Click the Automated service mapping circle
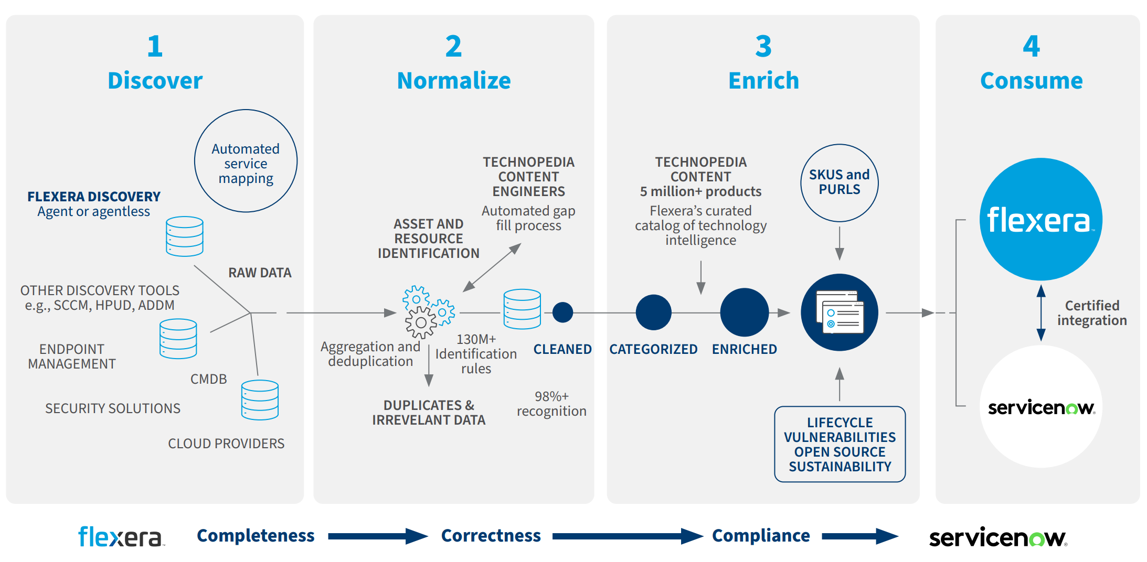pos(246,161)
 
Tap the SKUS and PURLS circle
pos(839,183)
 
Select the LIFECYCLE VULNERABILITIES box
pos(840,444)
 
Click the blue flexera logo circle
pos(1040,219)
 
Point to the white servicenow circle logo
pos(1040,406)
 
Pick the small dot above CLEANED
pos(562,312)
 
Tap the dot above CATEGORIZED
pos(653,312)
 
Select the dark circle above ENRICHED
pos(744,312)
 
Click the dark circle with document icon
pos(839,312)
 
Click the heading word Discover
pos(155,81)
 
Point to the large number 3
pos(763,46)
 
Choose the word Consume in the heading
pos(1031,81)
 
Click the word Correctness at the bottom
pos(491,535)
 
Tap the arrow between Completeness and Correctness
pos(378,536)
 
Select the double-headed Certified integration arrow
pos(1041,313)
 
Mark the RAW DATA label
pos(260,273)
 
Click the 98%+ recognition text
pos(551,404)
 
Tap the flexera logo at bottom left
pos(121,537)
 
